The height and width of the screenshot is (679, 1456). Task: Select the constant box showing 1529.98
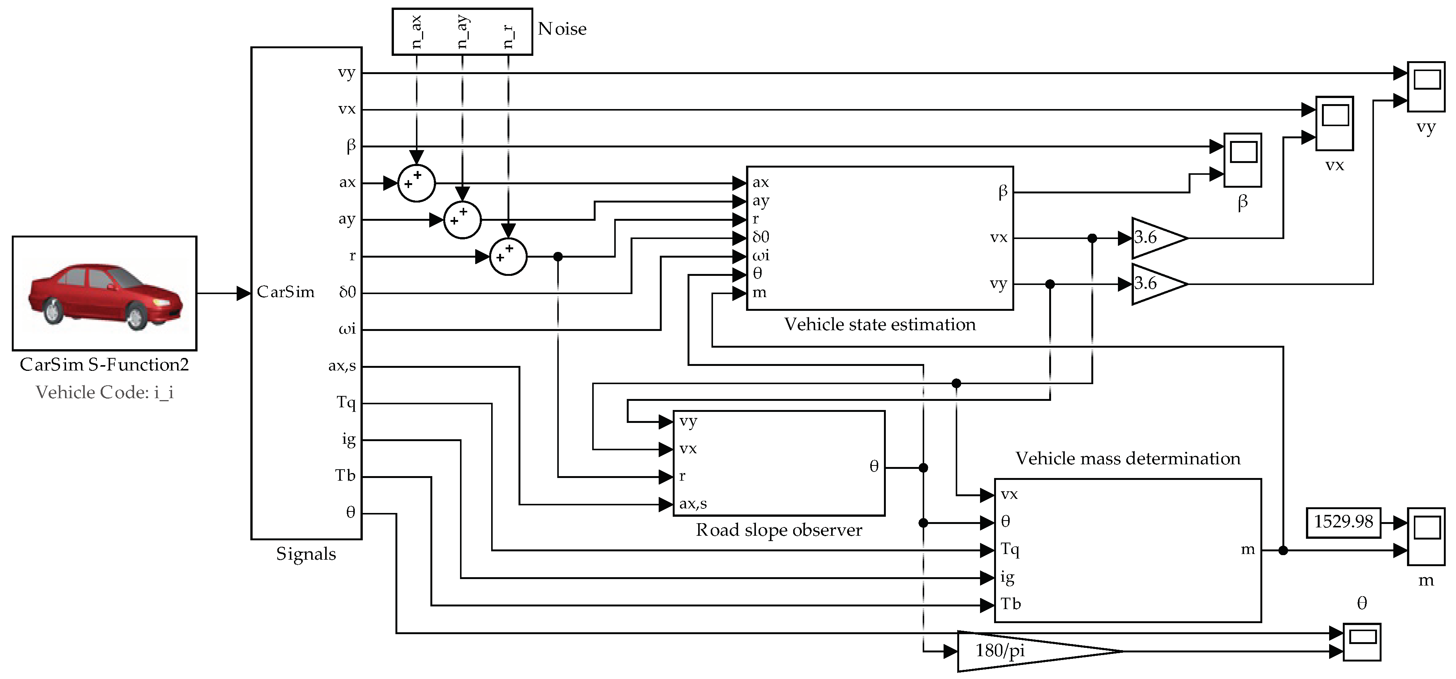coord(1343,522)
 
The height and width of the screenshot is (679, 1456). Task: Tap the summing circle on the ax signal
coord(417,183)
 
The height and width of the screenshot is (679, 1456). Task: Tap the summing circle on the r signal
coord(507,257)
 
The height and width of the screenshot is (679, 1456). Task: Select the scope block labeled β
coord(1243,160)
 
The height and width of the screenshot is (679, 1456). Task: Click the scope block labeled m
coord(1426,536)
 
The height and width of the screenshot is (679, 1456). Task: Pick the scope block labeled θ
coord(1362,642)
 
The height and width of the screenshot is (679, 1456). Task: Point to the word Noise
coord(562,29)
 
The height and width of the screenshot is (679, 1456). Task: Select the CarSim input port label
coord(285,292)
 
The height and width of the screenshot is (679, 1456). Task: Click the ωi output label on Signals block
coord(347,329)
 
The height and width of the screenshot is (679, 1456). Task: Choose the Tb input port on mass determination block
coord(1010,605)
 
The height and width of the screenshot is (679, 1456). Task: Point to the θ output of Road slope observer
coord(874,467)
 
